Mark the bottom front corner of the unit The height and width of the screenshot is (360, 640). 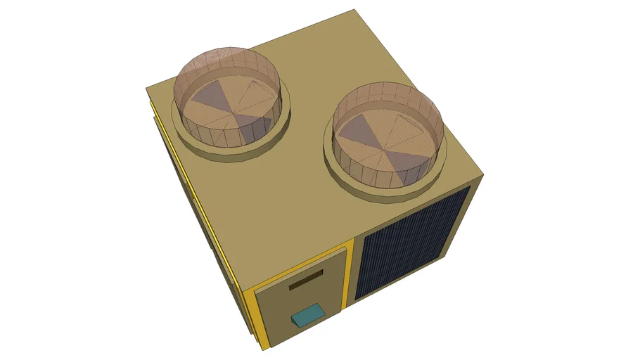(x=265, y=349)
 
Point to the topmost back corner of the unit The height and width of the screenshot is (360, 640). (x=354, y=11)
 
